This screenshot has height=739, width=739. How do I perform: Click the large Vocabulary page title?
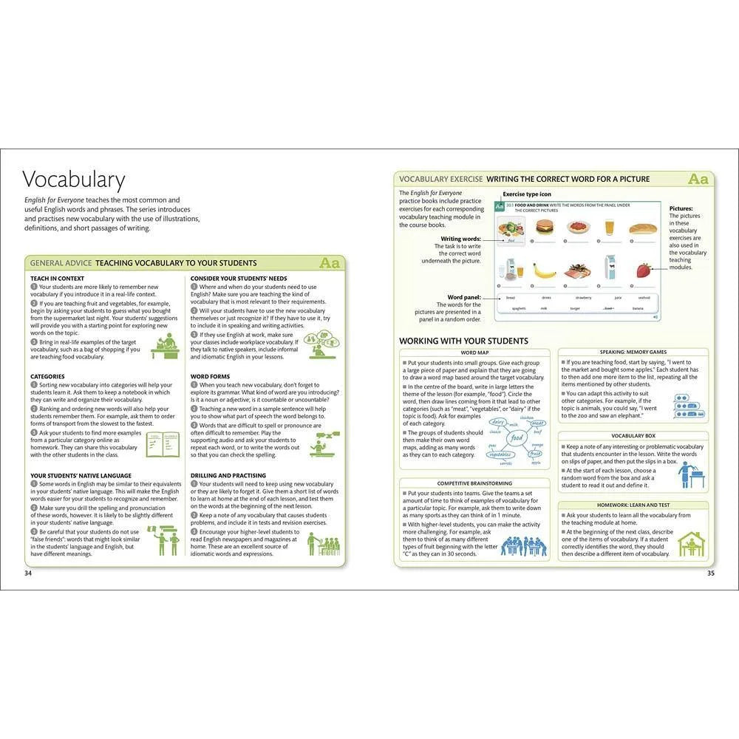click(x=74, y=180)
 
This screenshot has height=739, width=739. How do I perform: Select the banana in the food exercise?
click(x=545, y=270)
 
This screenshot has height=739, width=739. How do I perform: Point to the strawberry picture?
click(x=644, y=270)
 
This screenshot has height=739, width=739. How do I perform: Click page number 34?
click(x=28, y=573)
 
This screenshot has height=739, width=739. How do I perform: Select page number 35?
click(x=710, y=573)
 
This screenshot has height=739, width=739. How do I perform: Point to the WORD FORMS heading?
click(x=211, y=376)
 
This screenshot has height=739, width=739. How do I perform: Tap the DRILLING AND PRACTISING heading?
click(x=228, y=475)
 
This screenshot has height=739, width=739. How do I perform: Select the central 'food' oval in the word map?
click(x=517, y=438)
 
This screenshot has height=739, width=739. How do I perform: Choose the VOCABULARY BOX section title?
click(x=633, y=436)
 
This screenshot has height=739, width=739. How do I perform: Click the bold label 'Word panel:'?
click(x=463, y=297)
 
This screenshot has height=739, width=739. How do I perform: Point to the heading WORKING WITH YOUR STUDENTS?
click(x=463, y=341)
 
